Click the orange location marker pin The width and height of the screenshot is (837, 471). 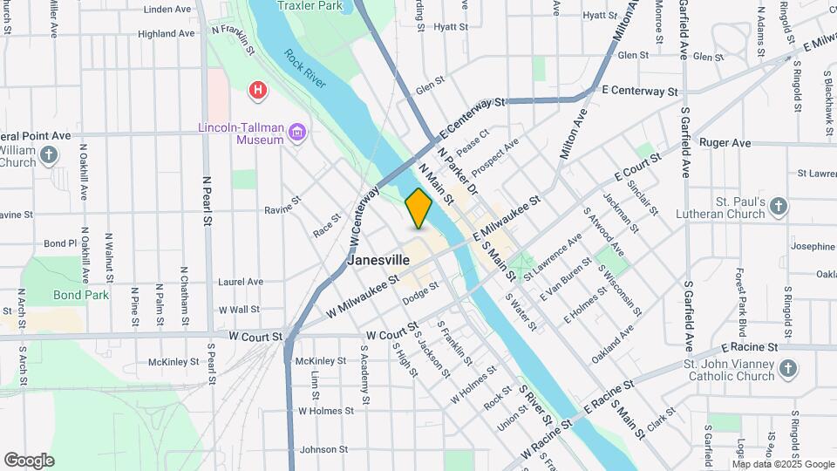pyautogui.click(x=418, y=208)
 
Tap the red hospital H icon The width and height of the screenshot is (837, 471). pyautogui.click(x=257, y=90)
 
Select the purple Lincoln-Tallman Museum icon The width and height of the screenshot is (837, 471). pyautogui.click(x=298, y=133)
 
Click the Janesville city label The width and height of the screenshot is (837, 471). pyautogui.click(x=378, y=260)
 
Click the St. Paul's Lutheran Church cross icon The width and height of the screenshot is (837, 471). pyautogui.click(x=779, y=208)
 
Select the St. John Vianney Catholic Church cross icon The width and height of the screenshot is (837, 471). pyautogui.click(x=787, y=369)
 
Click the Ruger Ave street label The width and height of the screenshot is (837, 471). pyautogui.click(x=725, y=142)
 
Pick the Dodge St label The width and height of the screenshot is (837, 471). pyautogui.click(x=420, y=297)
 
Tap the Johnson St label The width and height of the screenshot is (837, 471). pyautogui.click(x=323, y=450)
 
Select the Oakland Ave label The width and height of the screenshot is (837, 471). pyautogui.click(x=610, y=357)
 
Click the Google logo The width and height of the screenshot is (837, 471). pyautogui.click(x=29, y=461)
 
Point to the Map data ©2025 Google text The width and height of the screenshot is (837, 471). pyautogui.click(x=783, y=465)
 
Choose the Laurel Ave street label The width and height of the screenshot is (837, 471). pyautogui.click(x=241, y=282)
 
